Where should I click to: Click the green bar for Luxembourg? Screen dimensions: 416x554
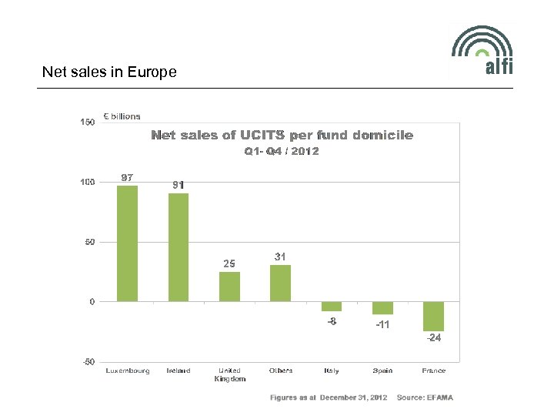pos(127,243)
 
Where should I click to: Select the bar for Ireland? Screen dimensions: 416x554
pos(179,247)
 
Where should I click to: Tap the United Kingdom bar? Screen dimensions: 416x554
pos(229,286)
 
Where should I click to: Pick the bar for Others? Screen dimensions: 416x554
pos(281,283)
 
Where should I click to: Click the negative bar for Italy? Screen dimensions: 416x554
pos(332,306)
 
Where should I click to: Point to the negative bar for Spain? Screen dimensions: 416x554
pos(382,308)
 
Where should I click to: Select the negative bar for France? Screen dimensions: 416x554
pos(433,316)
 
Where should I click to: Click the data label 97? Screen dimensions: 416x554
pos(128,178)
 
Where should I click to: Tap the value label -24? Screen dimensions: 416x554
pos(434,338)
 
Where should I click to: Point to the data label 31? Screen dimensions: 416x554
pos(281,257)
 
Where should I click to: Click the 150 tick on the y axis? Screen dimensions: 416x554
pos(88,122)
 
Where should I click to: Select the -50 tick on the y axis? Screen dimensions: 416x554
pos(88,361)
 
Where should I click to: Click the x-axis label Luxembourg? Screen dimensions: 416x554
pos(128,371)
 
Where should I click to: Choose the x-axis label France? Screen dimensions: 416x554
pos(434,371)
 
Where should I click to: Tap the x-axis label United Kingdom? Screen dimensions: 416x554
pos(229,374)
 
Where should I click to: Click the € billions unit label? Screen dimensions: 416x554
pos(122,116)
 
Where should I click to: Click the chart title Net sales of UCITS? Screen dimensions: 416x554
pos(282,136)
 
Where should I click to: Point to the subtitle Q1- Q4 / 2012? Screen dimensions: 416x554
pos(282,151)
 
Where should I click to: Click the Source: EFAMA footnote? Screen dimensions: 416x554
pos(425,398)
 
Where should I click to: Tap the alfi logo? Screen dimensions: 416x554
pos(482,51)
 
